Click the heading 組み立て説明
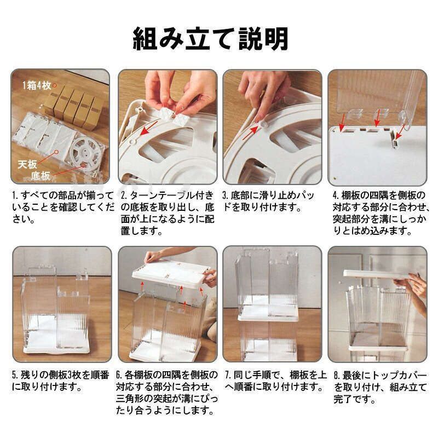click(x=218, y=40)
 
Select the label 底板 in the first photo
click(x=41, y=175)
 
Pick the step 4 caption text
click(x=378, y=213)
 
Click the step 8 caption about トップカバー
click(x=378, y=387)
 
